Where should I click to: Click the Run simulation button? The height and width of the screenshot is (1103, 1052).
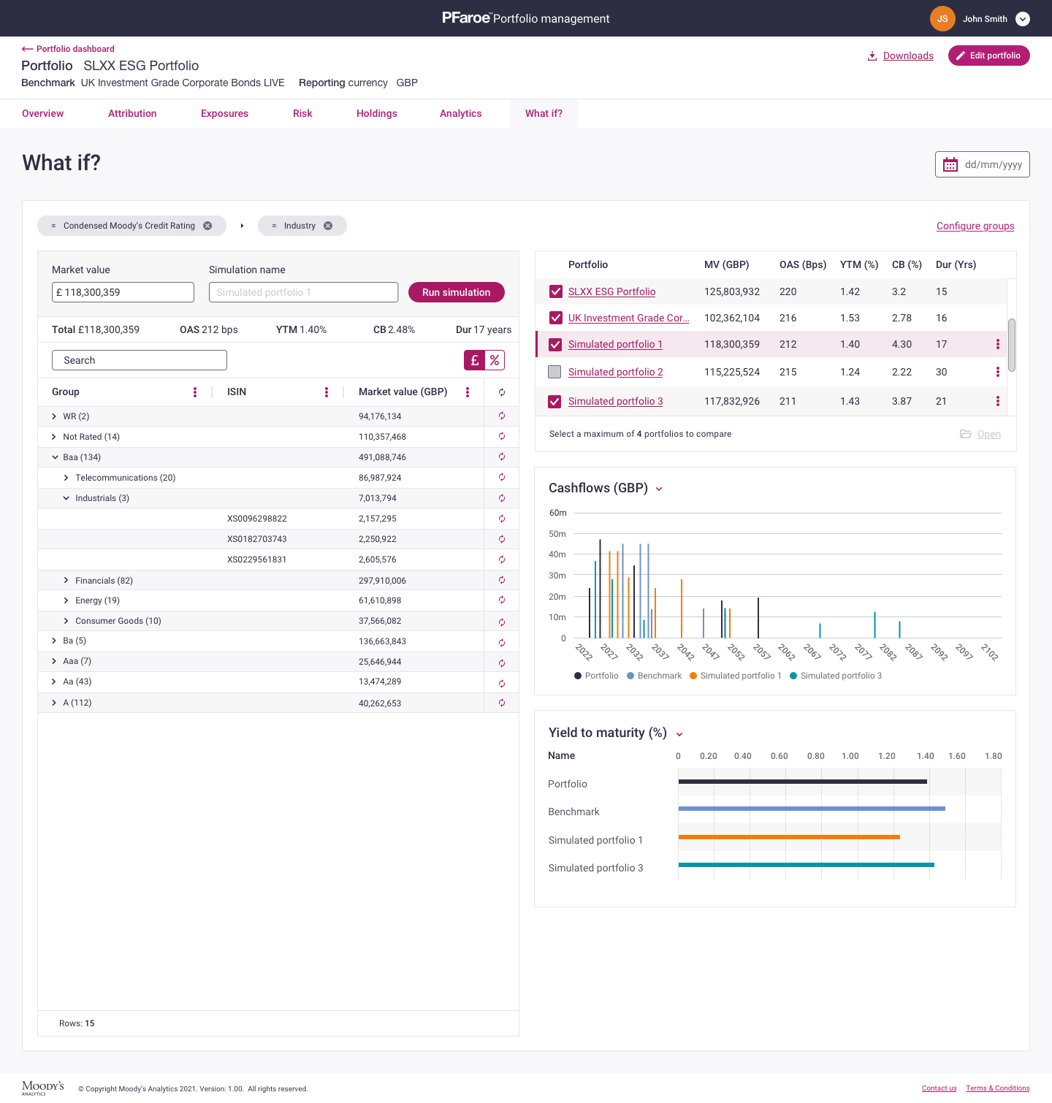pyautogui.click(x=456, y=292)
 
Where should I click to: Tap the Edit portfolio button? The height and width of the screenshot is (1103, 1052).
pyautogui.click(x=988, y=56)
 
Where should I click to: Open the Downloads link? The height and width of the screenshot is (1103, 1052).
pyautogui.click(x=907, y=56)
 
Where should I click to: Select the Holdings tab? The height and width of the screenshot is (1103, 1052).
pyautogui.click(x=376, y=113)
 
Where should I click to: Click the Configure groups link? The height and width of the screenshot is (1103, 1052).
pyautogui.click(x=975, y=226)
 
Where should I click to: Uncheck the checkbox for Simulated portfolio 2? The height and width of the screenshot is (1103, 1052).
pyautogui.click(x=555, y=372)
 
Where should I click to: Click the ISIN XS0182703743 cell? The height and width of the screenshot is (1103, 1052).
pyautogui.click(x=256, y=539)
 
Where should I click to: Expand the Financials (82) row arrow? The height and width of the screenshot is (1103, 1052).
pyautogui.click(x=66, y=581)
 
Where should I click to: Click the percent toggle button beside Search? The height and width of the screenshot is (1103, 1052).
pyautogui.click(x=495, y=360)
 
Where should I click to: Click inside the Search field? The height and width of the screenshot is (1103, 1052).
pyautogui.click(x=139, y=360)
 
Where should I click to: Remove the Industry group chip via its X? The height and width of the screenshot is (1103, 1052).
pyautogui.click(x=328, y=226)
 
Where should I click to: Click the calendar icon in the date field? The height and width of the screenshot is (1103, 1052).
pyautogui.click(x=950, y=164)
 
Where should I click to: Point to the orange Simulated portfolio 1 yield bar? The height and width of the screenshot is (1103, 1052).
pyautogui.click(x=789, y=837)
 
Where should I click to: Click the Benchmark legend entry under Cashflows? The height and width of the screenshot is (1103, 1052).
pyautogui.click(x=654, y=676)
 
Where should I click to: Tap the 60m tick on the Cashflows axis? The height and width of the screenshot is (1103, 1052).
pyautogui.click(x=557, y=513)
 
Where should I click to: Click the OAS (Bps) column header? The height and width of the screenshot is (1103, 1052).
pyautogui.click(x=802, y=264)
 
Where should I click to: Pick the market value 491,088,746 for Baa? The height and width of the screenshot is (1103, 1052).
pyautogui.click(x=382, y=457)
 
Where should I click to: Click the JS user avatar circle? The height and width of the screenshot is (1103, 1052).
pyautogui.click(x=942, y=19)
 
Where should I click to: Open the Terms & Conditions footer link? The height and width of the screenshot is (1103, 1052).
pyautogui.click(x=997, y=1088)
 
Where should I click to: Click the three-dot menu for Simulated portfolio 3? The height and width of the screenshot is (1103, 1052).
pyautogui.click(x=997, y=401)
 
